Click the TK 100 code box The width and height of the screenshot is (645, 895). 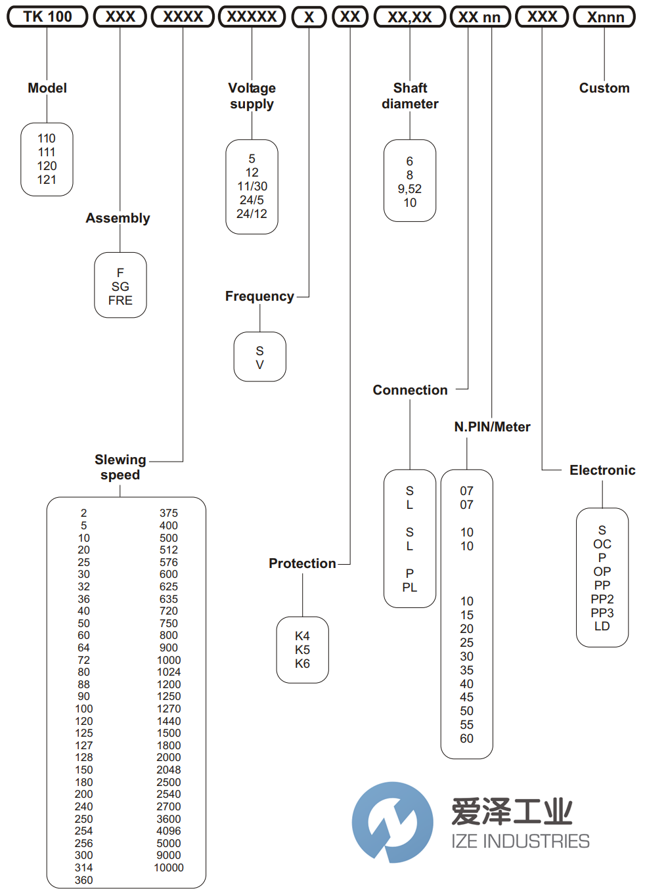[x=47, y=17]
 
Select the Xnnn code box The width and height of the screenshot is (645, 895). [x=604, y=17]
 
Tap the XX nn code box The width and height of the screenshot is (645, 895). [x=479, y=17]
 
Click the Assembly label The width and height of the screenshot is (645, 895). [x=118, y=218]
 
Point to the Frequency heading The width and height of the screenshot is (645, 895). [x=259, y=296]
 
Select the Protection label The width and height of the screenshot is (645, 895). [x=302, y=563]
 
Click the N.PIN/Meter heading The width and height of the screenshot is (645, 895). [x=492, y=427]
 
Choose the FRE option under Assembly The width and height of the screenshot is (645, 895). [x=120, y=300]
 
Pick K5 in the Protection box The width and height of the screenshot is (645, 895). [x=302, y=649]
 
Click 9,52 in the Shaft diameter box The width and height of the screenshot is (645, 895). [x=409, y=188]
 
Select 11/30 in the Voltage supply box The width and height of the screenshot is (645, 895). [x=252, y=186]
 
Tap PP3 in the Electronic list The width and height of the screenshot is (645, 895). [x=602, y=613]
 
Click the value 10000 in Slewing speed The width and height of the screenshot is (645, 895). [x=169, y=867]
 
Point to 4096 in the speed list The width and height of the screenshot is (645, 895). [x=169, y=831]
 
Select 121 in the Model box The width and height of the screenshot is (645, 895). [x=47, y=179]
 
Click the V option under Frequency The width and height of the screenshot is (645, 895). [x=259, y=364]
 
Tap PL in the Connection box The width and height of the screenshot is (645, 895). [x=409, y=587]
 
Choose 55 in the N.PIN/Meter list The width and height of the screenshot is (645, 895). [x=466, y=724]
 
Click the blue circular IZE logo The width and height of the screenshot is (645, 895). [x=392, y=821]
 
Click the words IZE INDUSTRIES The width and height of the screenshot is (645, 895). [x=520, y=841]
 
